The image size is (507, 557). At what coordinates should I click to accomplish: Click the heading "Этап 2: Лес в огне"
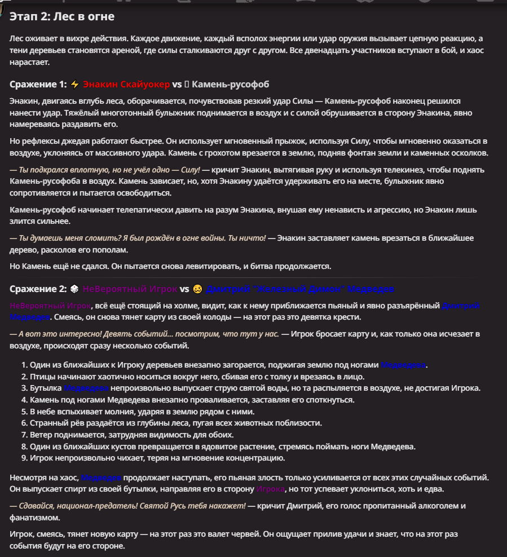62,17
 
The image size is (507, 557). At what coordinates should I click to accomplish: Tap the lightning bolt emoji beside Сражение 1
76,85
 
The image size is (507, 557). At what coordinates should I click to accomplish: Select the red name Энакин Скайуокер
126,85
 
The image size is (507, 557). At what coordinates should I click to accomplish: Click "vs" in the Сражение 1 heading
177,85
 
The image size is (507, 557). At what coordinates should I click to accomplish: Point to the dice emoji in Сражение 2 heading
74,289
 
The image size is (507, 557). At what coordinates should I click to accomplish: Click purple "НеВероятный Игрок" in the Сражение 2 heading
130,289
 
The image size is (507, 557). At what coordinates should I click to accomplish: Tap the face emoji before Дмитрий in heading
197,289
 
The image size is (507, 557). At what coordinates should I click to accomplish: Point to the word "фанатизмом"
34,518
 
